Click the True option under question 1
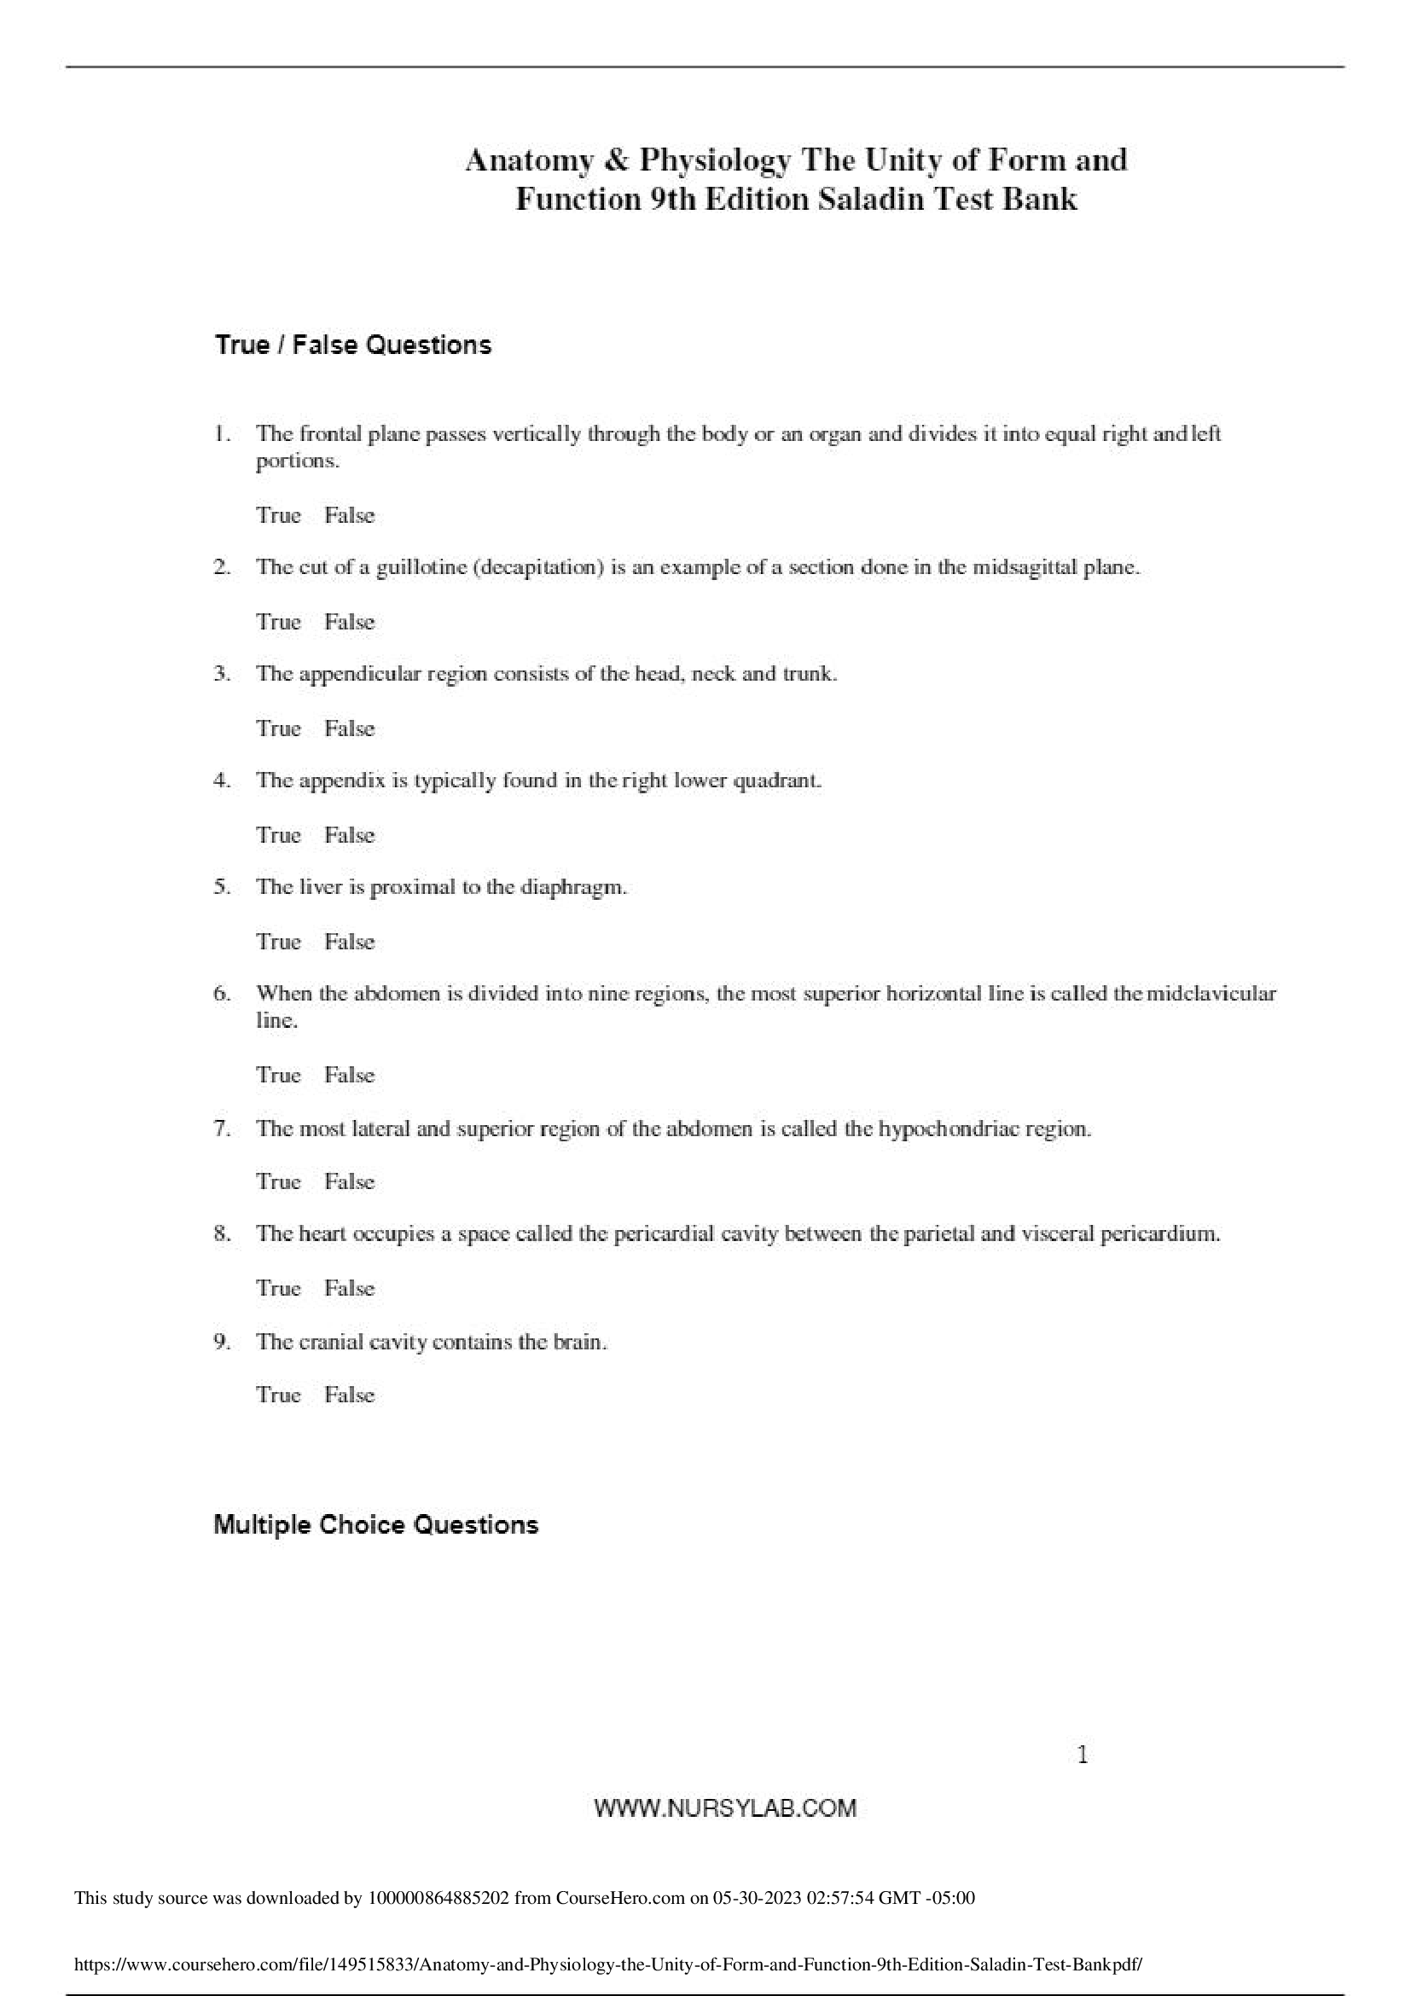pyautogui.click(x=278, y=515)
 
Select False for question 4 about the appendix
pyautogui.click(x=350, y=835)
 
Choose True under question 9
pyautogui.click(x=278, y=1395)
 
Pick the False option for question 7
pyautogui.click(x=350, y=1182)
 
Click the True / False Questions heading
pyautogui.click(x=352, y=346)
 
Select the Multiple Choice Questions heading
pyautogui.click(x=375, y=1525)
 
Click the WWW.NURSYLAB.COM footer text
pyautogui.click(x=725, y=1808)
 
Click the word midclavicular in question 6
pyautogui.click(x=1212, y=994)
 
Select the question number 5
pyautogui.click(x=221, y=888)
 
